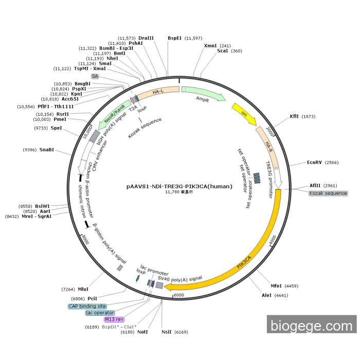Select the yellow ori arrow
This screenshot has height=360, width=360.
(x=244, y=114)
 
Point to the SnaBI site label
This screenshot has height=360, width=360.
(x=47, y=150)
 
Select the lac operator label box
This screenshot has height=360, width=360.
(x=100, y=313)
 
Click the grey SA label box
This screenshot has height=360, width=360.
(x=95, y=76)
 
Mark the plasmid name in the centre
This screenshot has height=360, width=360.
(x=179, y=187)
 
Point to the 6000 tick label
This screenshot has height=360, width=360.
(x=178, y=295)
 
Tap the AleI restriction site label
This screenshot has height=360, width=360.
(x=266, y=296)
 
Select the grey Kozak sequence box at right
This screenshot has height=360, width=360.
(x=328, y=193)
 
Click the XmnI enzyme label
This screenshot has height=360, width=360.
(x=210, y=46)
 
